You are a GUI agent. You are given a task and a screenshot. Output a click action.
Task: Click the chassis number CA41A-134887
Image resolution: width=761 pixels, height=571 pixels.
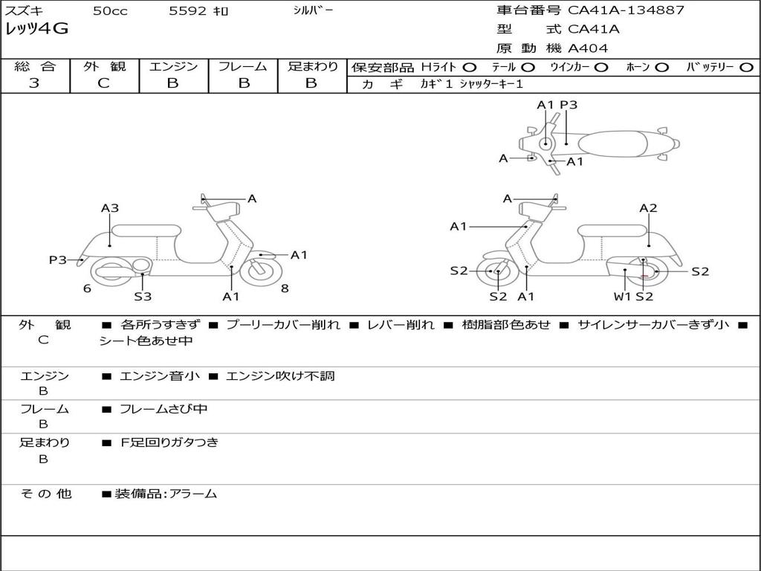[626, 10]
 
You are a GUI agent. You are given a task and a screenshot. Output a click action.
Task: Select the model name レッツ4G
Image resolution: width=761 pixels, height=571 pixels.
[36, 30]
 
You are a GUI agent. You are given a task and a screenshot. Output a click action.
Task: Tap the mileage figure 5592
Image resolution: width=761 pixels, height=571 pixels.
[189, 11]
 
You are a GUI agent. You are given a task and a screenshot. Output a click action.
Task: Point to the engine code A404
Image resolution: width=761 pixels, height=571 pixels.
[588, 48]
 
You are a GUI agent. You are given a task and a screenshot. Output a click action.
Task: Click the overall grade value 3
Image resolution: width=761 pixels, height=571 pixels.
[34, 83]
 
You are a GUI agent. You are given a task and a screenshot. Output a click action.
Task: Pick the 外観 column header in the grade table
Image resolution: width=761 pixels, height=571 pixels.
[104, 67]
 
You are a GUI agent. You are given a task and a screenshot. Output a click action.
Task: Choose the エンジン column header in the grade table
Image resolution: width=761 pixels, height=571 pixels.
[173, 67]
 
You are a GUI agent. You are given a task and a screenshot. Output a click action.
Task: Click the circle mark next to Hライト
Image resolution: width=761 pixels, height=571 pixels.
[470, 67]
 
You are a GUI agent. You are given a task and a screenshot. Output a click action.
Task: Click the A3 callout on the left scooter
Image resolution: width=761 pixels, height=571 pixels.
[110, 208]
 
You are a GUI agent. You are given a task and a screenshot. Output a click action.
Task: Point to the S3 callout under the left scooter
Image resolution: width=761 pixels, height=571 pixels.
[143, 297]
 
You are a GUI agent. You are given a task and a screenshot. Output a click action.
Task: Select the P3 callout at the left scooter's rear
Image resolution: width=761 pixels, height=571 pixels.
[58, 260]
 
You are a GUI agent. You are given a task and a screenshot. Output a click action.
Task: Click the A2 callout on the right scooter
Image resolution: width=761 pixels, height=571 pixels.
[648, 208]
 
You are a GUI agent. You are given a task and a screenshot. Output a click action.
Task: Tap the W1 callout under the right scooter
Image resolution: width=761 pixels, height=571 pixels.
[622, 297]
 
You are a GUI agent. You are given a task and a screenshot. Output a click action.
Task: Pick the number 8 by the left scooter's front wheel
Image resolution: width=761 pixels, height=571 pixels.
[285, 288]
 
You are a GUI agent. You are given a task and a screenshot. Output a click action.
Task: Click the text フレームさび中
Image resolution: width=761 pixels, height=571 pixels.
[163, 409]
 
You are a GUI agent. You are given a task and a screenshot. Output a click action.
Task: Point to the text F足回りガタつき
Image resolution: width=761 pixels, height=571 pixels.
[169, 442]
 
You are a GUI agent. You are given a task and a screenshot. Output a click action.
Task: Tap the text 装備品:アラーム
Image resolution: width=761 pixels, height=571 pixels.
[166, 494]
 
